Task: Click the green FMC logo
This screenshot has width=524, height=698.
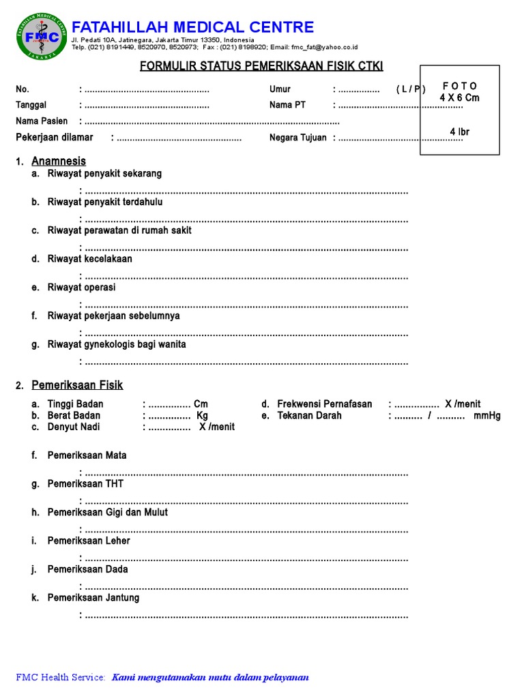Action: coord(42,37)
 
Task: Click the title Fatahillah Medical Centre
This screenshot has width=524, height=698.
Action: coord(193,27)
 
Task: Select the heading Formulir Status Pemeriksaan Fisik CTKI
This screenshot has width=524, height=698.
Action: coord(261,66)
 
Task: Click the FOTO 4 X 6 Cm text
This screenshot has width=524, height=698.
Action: coord(459,92)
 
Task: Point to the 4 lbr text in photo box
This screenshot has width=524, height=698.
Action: coord(459,132)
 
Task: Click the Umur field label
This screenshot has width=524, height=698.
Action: coord(280,89)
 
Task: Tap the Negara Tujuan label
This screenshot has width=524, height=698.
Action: coord(298,138)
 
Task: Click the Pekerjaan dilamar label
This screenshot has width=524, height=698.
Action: coord(55,138)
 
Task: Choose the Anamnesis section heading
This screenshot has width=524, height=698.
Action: coord(59,162)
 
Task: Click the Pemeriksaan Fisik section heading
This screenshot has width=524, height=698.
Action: coord(77,386)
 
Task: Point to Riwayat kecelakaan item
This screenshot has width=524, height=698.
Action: coord(90,259)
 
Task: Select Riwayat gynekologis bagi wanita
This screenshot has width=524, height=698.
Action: coord(117,345)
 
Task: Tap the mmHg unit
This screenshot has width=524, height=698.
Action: coord(487,416)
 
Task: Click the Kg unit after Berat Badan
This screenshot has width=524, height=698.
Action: coord(202,416)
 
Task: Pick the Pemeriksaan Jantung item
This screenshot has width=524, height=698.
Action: coord(93,598)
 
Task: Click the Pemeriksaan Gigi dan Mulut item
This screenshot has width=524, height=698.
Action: coord(107,512)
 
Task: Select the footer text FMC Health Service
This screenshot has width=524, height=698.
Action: coord(61,678)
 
